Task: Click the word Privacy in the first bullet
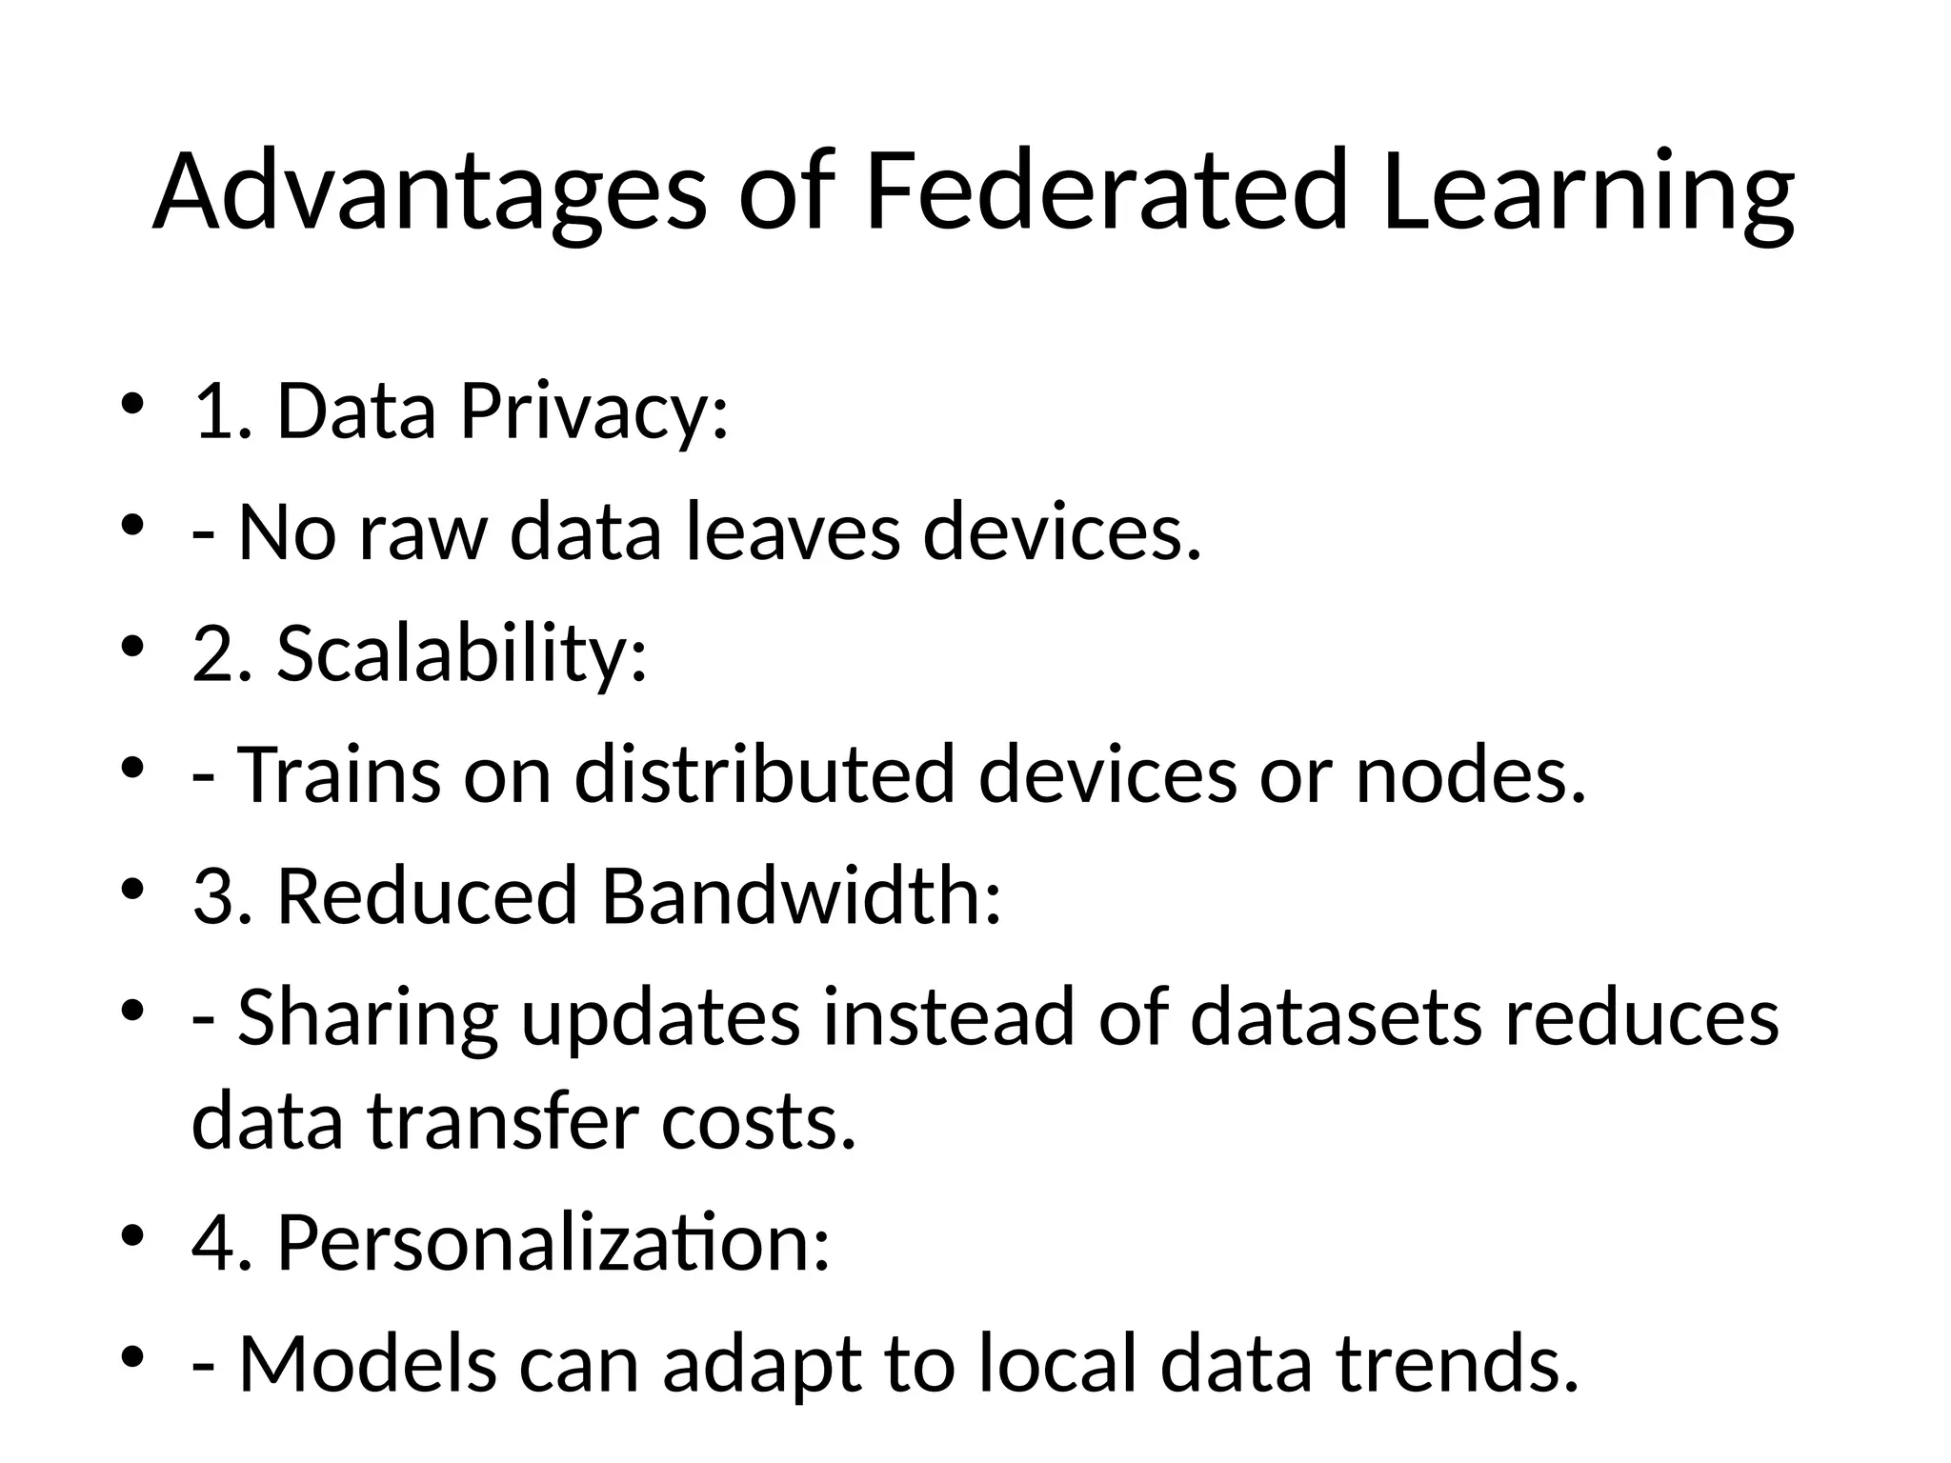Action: (594, 412)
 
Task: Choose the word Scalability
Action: (462, 654)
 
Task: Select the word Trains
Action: (339, 773)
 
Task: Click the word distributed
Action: (764, 773)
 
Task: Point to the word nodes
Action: (1471, 773)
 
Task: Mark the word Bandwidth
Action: (801, 895)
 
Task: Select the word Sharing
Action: (368, 1017)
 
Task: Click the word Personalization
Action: (553, 1243)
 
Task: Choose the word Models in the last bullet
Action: (368, 1364)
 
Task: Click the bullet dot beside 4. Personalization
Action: (132, 1235)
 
